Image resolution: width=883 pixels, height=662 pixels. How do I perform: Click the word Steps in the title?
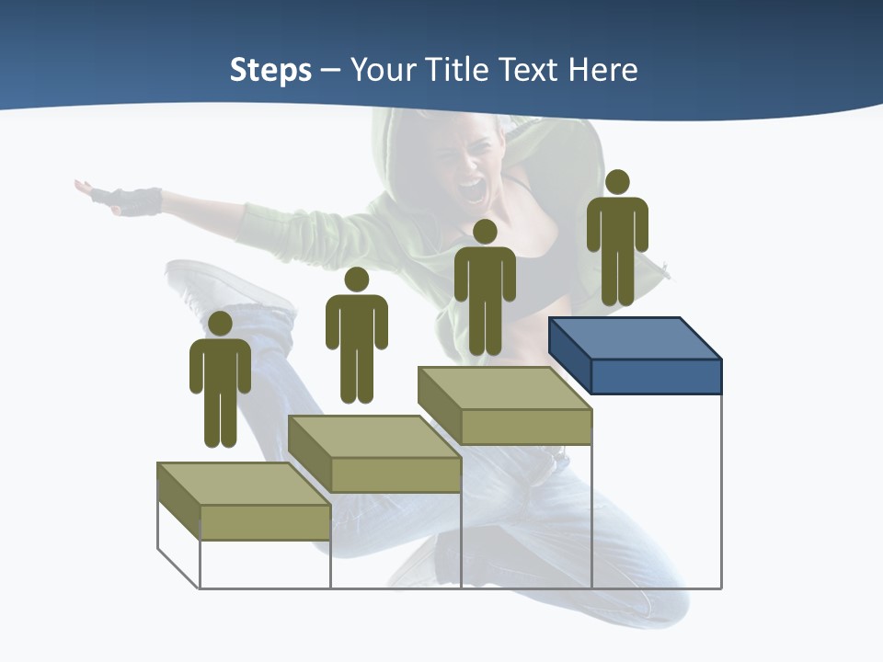(270, 70)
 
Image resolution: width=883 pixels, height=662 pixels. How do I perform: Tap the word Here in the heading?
(602, 70)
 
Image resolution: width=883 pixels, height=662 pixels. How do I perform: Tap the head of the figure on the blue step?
(617, 182)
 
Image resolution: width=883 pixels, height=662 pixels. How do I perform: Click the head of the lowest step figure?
(220, 324)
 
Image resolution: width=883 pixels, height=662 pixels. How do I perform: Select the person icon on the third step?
(485, 287)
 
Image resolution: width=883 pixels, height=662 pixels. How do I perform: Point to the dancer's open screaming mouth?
(472, 190)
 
